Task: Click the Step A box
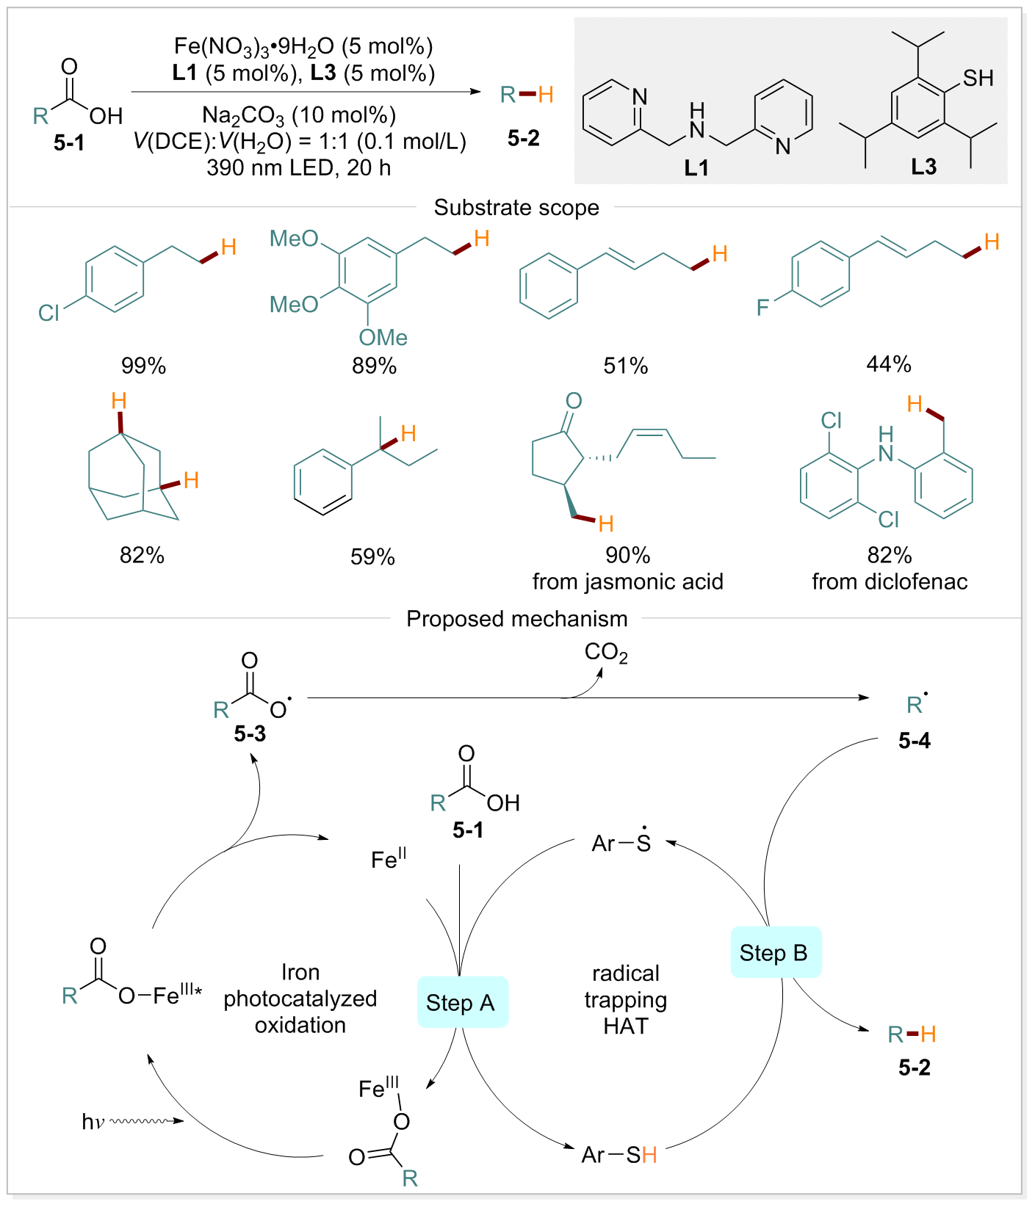pyautogui.click(x=462, y=1002)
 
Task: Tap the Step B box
pyautogui.click(x=775, y=952)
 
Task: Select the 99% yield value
pyautogui.click(x=143, y=366)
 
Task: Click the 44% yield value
pyautogui.click(x=889, y=364)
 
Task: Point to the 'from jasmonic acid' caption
pyautogui.click(x=627, y=581)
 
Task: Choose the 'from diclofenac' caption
pyautogui.click(x=889, y=581)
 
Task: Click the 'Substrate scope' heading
pyautogui.click(x=516, y=208)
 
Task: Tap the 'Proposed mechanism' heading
pyautogui.click(x=516, y=619)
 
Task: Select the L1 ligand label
pyautogui.click(x=696, y=168)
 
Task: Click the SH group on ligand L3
pyautogui.click(x=978, y=78)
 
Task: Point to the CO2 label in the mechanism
pyautogui.click(x=606, y=653)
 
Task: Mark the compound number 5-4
pyautogui.click(x=915, y=741)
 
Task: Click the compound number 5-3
pyautogui.click(x=250, y=733)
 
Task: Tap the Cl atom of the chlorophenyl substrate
pyautogui.click(x=48, y=313)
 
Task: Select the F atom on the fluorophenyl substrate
pyautogui.click(x=762, y=307)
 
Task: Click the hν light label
pyautogui.click(x=93, y=1121)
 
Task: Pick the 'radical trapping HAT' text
pyautogui.click(x=626, y=999)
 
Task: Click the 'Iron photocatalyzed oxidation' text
pyautogui.click(x=300, y=998)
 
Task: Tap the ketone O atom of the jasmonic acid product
pyautogui.click(x=574, y=401)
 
